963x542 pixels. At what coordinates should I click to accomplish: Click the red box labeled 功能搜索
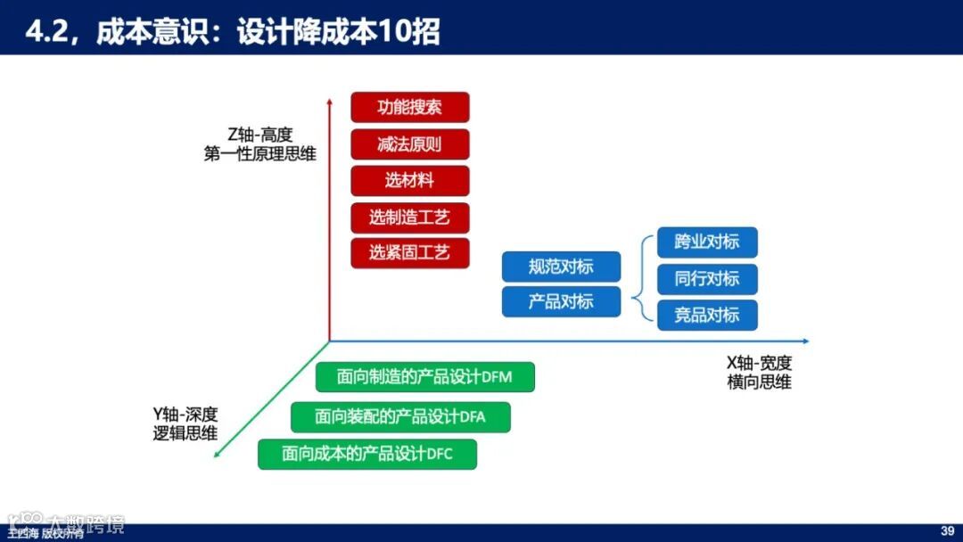tap(410, 108)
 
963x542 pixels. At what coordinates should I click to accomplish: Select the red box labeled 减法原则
tap(410, 144)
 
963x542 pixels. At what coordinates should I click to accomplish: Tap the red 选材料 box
tap(410, 180)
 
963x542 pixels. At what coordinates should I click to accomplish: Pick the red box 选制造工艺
tap(410, 217)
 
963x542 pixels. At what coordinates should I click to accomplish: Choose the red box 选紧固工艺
tap(410, 252)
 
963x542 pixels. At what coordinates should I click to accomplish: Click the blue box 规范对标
tap(561, 266)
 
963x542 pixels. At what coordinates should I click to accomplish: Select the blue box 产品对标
tap(561, 301)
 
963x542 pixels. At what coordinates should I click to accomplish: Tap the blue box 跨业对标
tap(707, 242)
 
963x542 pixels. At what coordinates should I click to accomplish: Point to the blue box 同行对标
tap(707, 279)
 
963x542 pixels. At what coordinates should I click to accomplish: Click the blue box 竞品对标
tap(707, 315)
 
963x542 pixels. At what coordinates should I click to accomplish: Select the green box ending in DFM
tap(425, 376)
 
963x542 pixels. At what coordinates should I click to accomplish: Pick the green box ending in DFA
tap(400, 416)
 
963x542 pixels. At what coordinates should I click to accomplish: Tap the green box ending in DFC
tap(367, 454)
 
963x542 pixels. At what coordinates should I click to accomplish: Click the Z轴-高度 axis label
tap(259, 135)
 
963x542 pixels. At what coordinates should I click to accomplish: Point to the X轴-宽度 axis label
tap(759, 363)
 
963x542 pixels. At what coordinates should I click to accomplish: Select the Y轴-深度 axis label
tap(185, 415)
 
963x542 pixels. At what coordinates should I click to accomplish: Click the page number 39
tap(948, 531)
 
